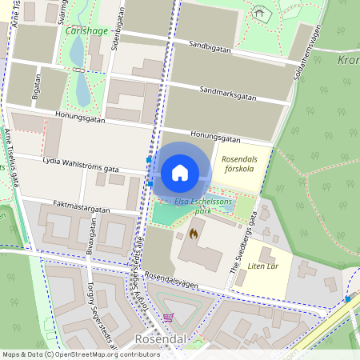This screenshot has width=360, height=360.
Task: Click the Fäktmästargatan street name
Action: (78, 208)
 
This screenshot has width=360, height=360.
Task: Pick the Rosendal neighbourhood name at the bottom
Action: (161, 339)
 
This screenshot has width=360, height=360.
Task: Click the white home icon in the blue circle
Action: (179, 172)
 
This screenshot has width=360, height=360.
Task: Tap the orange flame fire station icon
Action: (194, 234)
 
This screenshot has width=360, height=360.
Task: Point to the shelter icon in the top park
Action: (258, 14)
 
